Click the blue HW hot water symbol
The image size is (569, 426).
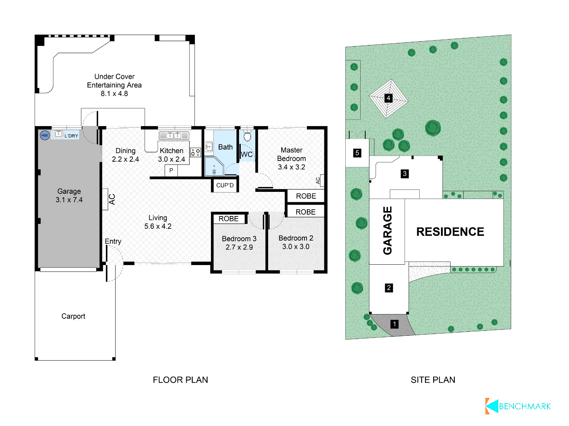pos(44,135)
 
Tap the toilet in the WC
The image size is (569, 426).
pos(247,135)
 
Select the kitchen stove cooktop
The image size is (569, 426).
pos(196,152)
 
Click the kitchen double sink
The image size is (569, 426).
pos(174,135)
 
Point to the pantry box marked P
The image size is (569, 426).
pos(171,171)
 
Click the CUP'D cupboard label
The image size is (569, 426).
pos(225,185)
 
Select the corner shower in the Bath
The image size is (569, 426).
pos(214,166)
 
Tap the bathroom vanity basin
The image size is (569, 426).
pos(209,147)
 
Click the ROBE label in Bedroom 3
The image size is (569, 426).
pos(228,219)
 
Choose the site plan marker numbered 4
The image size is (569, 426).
pos(388,98)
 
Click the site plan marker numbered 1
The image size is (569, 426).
pos(394,324)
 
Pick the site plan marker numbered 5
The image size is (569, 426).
pos(357,153)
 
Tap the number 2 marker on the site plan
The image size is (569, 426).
pos(389,288)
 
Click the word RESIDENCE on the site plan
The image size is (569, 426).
pos(450,232)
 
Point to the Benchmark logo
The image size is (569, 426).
pos(518,406)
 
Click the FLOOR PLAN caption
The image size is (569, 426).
pos(180,380)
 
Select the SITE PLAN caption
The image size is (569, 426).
pos(433,380)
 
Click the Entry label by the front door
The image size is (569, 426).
pos(113,241)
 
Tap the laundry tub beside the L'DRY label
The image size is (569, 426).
pos(59,134)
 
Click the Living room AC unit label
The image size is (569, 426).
pos(112,199)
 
